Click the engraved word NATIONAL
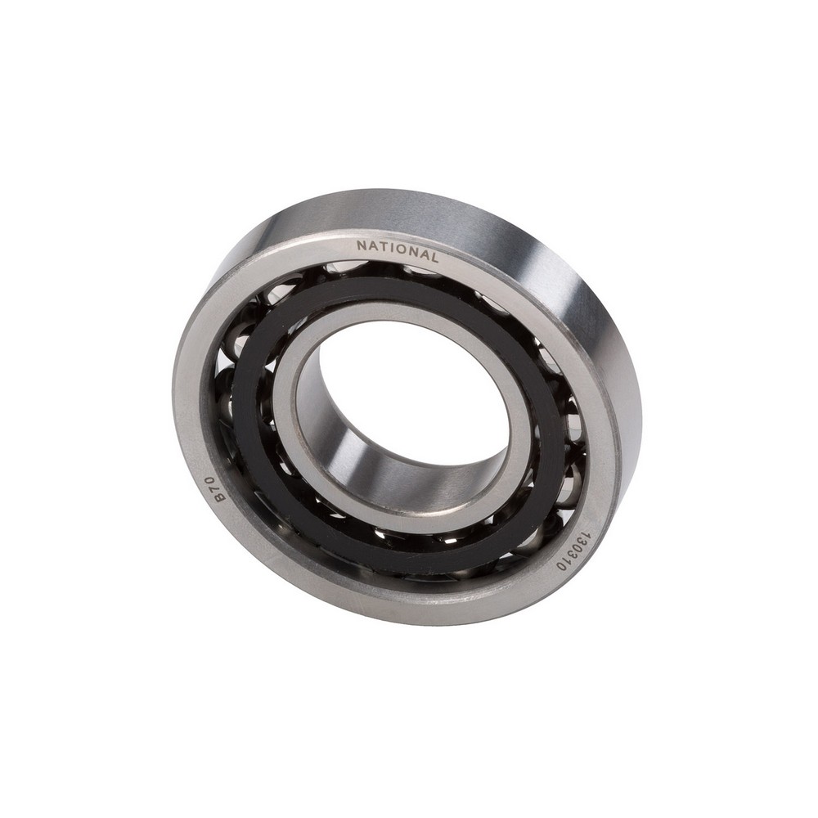point(397,251)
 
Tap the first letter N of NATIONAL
point(361,245)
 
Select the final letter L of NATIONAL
point(434,257)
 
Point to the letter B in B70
point(221,497)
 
